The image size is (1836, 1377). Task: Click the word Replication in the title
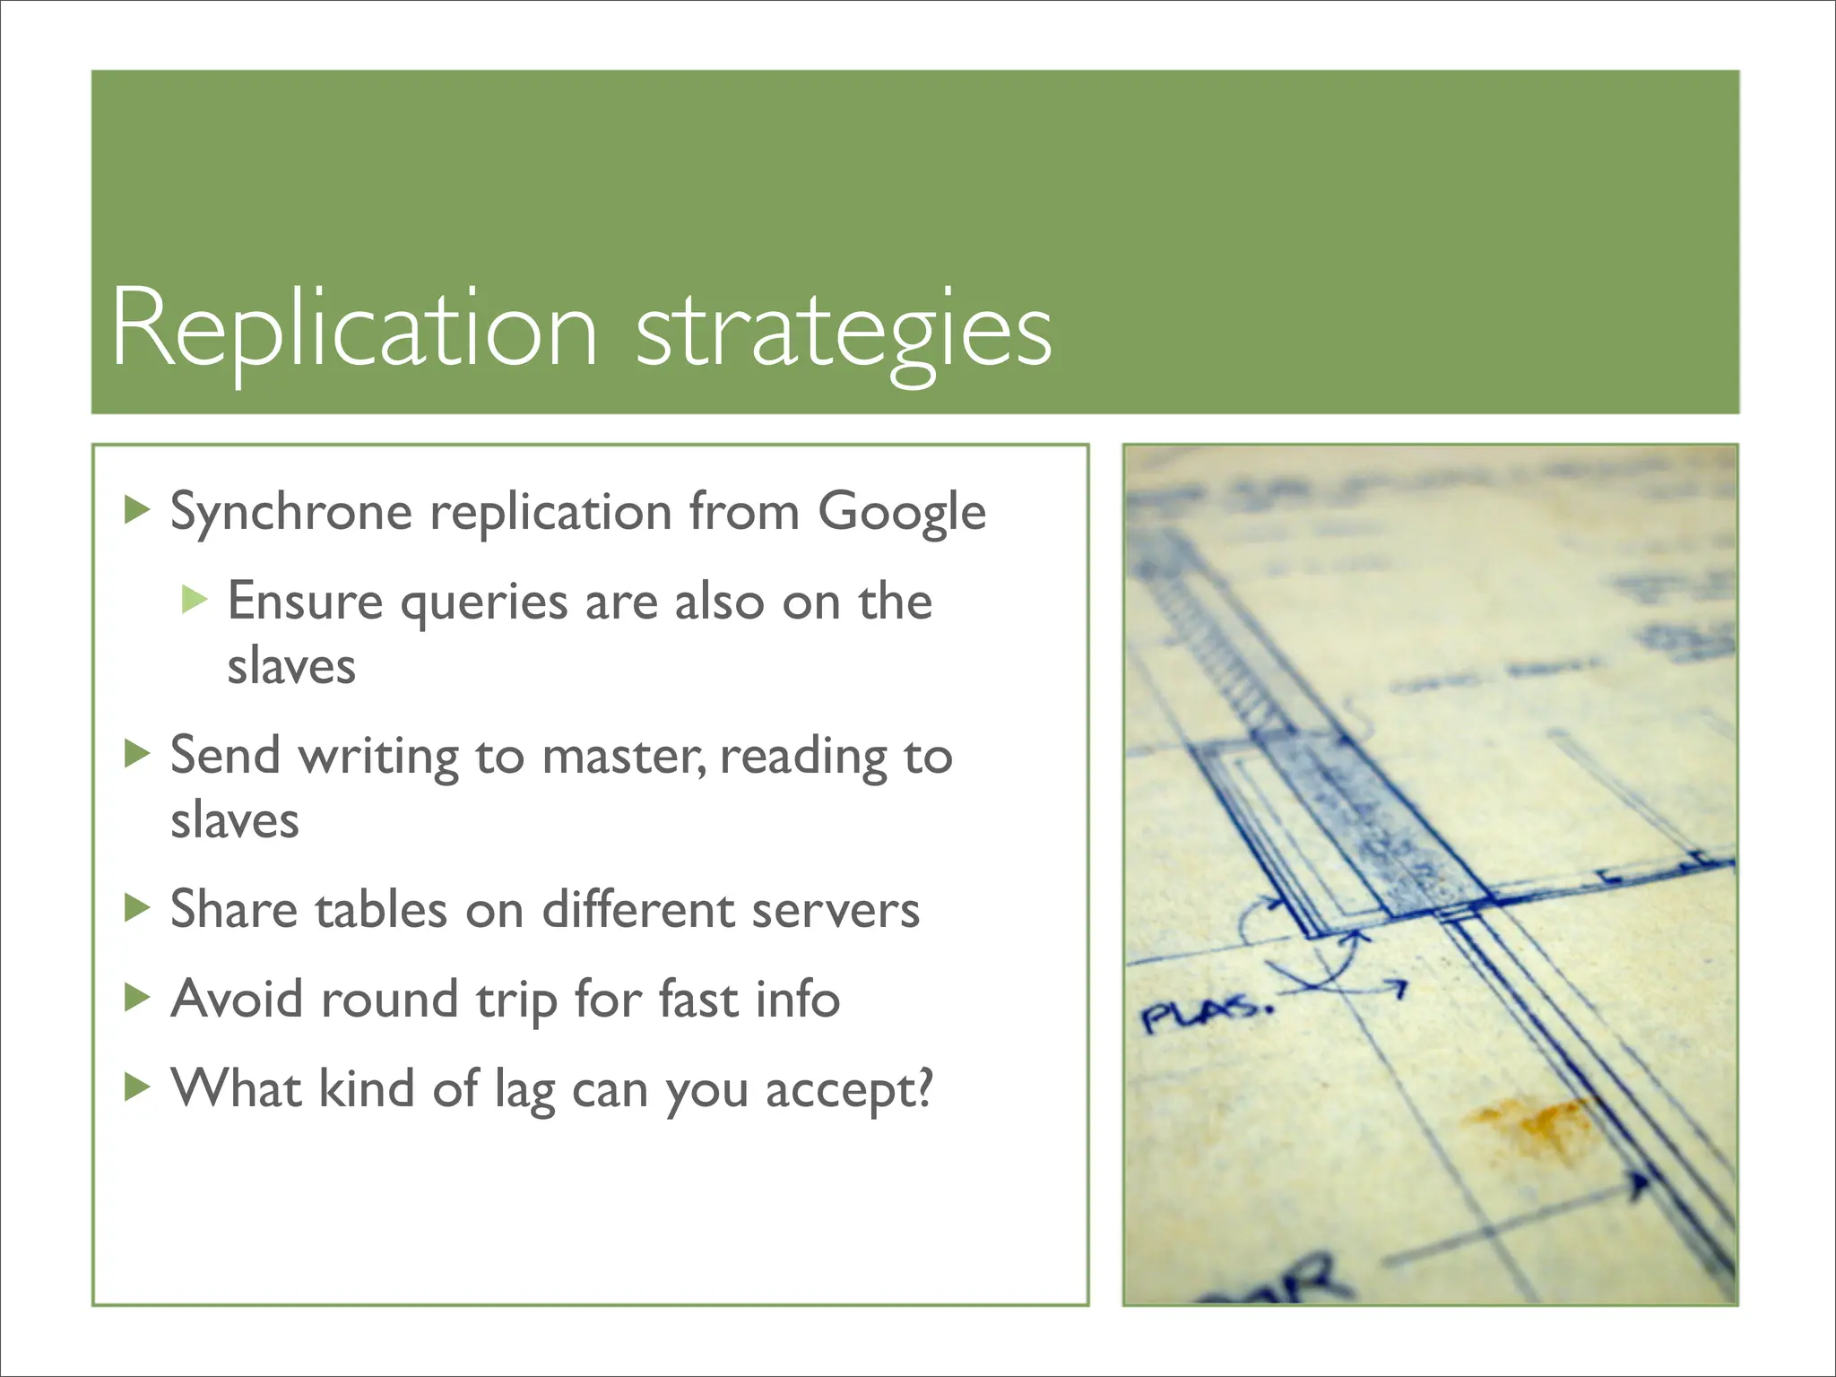pos(354,330)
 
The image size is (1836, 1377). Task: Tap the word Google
pos(901,513)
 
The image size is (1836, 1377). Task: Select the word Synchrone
pos(290,513)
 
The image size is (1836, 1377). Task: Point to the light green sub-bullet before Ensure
pos(194,599)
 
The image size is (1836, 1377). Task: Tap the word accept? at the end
pos(848,1091)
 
